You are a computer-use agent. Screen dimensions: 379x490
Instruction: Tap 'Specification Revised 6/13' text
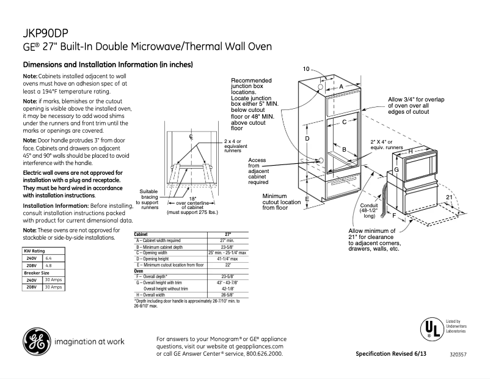point(391,354)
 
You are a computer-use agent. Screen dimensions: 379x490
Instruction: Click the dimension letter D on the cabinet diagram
point(307,139)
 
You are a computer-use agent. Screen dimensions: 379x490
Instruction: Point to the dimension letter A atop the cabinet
point(342,87)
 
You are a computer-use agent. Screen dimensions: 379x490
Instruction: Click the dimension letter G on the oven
point(396,169)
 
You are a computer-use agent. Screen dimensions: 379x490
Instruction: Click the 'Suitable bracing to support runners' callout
point(150,199)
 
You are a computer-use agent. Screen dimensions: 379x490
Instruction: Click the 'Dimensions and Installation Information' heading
point(108,65)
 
